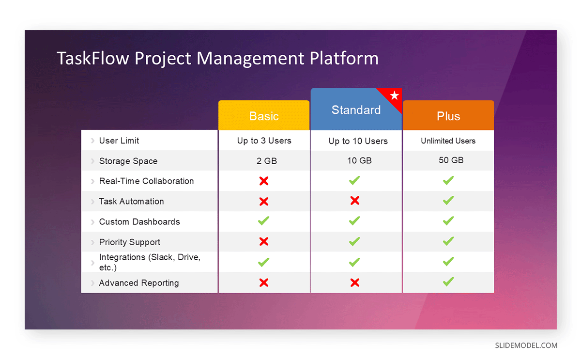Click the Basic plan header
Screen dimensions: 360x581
click(264, 116)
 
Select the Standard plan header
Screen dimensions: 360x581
click(356, 110)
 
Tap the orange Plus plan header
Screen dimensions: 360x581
click(448, 116)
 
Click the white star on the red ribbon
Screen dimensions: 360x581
click(394, 95)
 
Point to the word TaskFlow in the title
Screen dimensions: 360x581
click(93, 58)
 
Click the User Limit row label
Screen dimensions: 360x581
click(119, 141)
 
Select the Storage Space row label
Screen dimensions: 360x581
click(128, 161)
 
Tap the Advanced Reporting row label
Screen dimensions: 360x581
click(139, 283)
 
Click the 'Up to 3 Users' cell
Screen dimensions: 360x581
click(264, 141)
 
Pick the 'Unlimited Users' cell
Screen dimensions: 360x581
click(448, 141)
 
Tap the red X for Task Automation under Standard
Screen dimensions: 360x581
click(355, 201)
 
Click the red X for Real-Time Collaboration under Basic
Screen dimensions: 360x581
click(264, 181)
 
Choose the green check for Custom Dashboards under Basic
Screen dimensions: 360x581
click(263, 221)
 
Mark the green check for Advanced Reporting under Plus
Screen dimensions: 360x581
click(448, 282)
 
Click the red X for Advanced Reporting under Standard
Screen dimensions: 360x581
click(355, 282)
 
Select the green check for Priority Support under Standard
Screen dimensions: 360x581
click(354, 241)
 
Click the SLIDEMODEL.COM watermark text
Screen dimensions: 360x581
click(526, 345)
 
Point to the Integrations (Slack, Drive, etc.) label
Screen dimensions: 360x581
click(150, 262)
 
